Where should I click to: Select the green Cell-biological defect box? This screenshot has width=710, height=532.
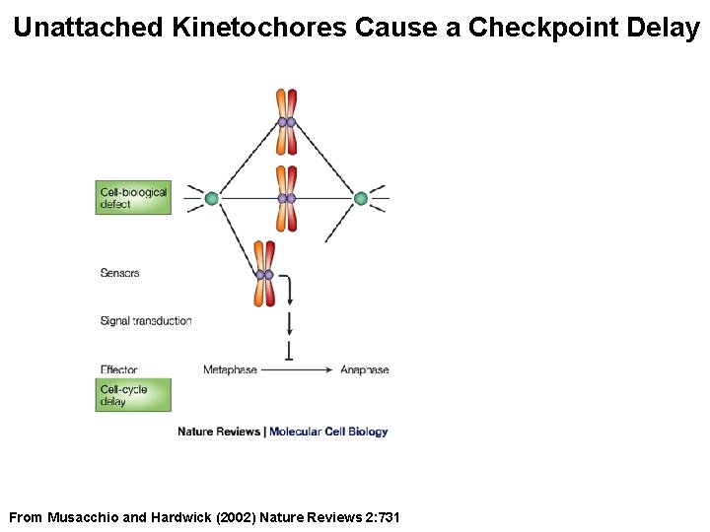[x=133, y=198]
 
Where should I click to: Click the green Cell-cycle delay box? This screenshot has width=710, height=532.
[x=133, y=395]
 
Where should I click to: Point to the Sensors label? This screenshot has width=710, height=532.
[x=119, y=273]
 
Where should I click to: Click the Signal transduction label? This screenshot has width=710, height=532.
[x=145, y=320]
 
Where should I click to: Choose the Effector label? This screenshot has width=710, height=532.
[x=118, y=369]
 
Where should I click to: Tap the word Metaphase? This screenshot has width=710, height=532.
[x=230, y=369]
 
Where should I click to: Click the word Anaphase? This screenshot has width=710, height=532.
[x=364, y=369]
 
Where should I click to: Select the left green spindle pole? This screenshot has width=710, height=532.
[x=211, y=198]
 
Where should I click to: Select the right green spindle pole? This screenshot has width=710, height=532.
[x=361, y=198]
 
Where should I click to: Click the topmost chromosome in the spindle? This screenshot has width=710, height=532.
[x=286, y=122]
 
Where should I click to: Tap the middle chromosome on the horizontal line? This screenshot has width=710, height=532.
[x=286, y=198]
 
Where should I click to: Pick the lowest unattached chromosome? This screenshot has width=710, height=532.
[x=263, y=274]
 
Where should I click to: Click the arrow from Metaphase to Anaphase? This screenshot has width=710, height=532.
[x=298, y=369]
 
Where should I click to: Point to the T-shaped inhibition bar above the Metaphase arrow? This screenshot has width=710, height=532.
[x=289, y=351]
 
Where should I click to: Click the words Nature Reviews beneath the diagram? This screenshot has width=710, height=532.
[x=219, y=432]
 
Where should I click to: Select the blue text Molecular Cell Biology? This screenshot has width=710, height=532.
[x=328, y=432]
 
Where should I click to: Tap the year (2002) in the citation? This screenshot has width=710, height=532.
[x=234, y=517]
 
